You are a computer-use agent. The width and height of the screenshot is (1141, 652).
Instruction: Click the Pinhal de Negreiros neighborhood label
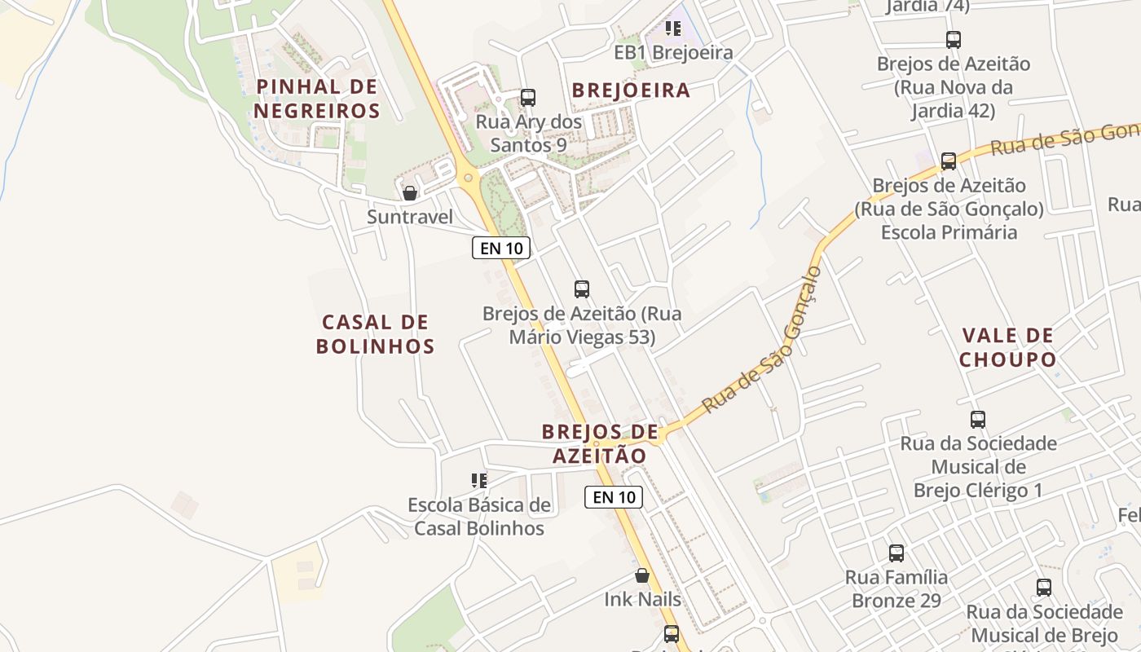click(316, 99)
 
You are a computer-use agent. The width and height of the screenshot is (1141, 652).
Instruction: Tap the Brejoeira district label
click(631, 90)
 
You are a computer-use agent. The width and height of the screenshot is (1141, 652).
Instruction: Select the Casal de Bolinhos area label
click(375, 334)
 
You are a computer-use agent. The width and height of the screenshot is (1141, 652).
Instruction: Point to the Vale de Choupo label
click(1007, 347)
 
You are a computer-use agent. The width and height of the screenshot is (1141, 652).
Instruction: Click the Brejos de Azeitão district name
click(600, 443)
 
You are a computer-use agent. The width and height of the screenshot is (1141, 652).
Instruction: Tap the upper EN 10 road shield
click(501, 248)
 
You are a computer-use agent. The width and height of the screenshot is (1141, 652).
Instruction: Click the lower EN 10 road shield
click(613, 497)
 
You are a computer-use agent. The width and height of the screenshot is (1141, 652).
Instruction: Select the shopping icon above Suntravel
click(410, 193)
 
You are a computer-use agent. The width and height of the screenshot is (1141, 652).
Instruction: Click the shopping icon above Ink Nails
click(642, 575)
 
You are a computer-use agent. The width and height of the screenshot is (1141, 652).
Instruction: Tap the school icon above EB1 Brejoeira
click(672, 29)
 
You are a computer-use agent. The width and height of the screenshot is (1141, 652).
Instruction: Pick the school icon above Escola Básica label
click(478, 481)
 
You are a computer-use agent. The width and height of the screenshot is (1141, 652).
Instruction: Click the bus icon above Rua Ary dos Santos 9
click(528, 98)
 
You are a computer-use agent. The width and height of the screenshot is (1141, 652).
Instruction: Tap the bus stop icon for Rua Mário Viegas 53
click(582, 289)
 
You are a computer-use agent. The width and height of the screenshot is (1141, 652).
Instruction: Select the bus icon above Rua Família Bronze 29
click(896, 553)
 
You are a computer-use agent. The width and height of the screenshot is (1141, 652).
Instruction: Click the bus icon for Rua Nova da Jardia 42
click(953, 39)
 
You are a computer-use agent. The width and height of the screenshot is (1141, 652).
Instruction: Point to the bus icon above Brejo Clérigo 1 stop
click(978, 420)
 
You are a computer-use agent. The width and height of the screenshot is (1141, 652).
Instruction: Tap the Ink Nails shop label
click(642, 600)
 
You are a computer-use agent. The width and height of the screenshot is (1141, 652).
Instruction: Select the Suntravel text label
click(409, 217)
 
